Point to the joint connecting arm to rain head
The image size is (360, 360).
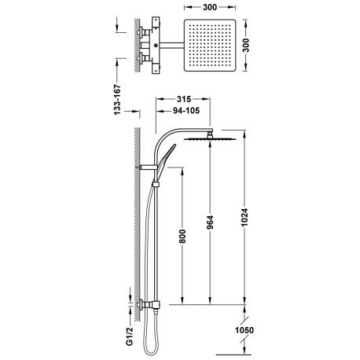pyautogui.click(x=210, y=134)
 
